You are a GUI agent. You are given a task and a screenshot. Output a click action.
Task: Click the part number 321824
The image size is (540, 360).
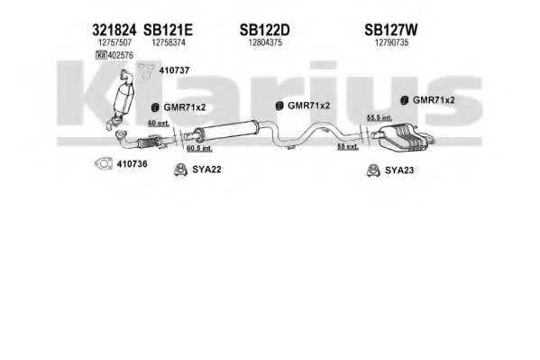(114, 31)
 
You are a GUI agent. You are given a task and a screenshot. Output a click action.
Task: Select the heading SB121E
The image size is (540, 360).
(168, 31)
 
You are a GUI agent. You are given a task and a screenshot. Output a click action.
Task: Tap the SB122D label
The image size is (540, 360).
(265, 31)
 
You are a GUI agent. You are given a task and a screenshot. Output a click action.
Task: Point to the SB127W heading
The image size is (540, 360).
(391, 31)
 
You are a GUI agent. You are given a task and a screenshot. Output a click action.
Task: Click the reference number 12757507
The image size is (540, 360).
(115, 42)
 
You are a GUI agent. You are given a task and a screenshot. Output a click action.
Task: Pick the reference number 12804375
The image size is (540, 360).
(265, 42)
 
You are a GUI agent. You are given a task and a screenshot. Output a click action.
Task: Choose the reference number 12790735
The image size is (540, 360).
(391, 42)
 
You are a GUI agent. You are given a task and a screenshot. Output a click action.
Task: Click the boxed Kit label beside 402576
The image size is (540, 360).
(101, 55)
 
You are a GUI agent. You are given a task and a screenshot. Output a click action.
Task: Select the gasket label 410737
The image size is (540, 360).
(174, 70)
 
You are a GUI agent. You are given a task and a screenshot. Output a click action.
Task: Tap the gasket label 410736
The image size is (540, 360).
(132, 164)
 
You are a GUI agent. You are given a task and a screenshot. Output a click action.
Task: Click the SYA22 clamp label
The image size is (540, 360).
(206, 170)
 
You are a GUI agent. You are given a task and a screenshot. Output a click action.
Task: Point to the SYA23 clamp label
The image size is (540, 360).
(399, 171)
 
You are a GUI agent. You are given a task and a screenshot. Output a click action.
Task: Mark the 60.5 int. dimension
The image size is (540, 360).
(199, 149)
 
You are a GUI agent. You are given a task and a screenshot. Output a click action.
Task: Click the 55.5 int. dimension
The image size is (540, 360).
(380, 117)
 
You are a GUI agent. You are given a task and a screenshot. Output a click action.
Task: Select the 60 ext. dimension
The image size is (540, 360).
(159, 123)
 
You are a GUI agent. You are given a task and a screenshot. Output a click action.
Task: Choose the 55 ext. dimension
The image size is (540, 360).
(348, 147)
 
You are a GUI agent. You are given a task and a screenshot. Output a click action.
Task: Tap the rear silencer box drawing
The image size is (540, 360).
(403, 138)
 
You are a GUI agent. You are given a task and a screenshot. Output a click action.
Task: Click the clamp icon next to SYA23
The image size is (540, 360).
(373, 171)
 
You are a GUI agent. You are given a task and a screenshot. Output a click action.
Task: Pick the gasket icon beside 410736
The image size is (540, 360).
(104, 164)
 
